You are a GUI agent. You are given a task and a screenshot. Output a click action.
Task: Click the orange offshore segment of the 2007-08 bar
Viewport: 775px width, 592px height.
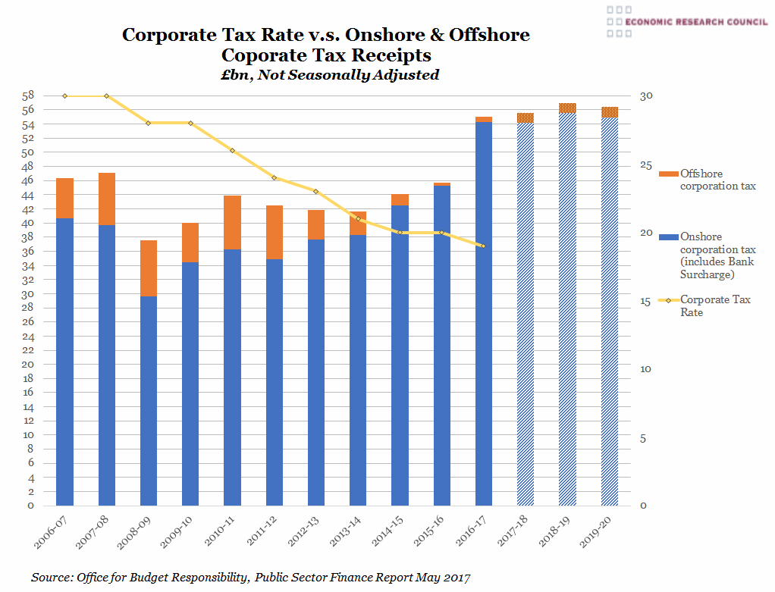pos(106,199)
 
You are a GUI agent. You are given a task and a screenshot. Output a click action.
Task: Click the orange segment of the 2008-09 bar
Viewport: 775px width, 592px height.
pos(149,268)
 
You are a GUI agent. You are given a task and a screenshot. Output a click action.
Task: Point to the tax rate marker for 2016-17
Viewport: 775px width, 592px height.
pos(483,246)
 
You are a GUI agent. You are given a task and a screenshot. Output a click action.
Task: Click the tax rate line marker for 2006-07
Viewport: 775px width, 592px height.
pos(64,96)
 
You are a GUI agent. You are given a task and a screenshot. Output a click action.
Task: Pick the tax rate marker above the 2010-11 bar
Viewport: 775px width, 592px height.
pos(232,151)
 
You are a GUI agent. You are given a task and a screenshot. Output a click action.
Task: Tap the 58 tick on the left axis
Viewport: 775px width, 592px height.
pos(27,96)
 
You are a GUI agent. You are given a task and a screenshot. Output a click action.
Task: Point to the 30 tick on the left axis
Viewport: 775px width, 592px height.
pos(27,294)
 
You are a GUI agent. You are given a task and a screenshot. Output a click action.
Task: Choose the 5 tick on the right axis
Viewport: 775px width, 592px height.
pos(643,438)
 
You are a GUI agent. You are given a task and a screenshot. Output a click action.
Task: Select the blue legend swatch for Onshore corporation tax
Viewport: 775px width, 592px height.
pos(668,236)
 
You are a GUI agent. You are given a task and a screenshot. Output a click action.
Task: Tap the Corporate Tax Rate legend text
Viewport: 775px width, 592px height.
pos(715,305)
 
